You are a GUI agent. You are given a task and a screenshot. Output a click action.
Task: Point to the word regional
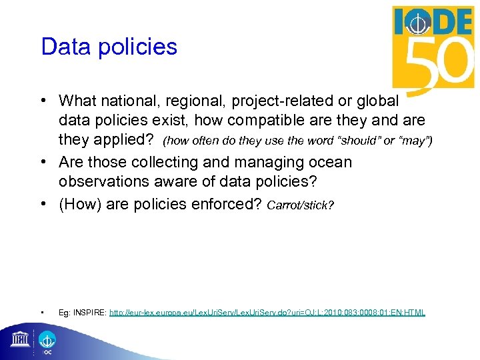193,101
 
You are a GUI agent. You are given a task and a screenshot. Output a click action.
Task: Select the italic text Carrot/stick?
300,205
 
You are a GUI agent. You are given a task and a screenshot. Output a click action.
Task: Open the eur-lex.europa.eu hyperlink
267,312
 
